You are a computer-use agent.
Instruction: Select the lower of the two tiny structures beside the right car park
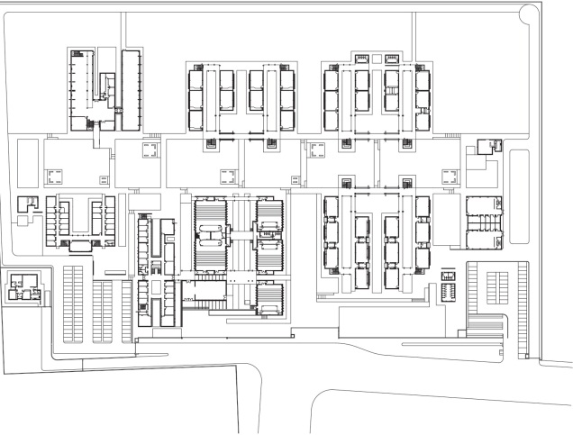(x=449, y=291)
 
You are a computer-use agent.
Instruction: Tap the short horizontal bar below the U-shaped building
(x=114, y=272)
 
